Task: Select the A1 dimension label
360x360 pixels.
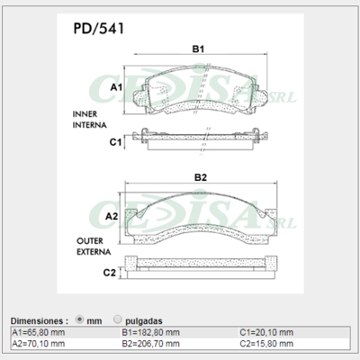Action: point(115,87)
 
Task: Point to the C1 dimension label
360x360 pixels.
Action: point(115,142)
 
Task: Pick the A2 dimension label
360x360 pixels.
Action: point(112,217)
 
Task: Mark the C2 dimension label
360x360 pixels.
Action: point(109,272)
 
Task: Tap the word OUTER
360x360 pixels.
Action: point(87,241)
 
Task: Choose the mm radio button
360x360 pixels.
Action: point(82,319)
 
